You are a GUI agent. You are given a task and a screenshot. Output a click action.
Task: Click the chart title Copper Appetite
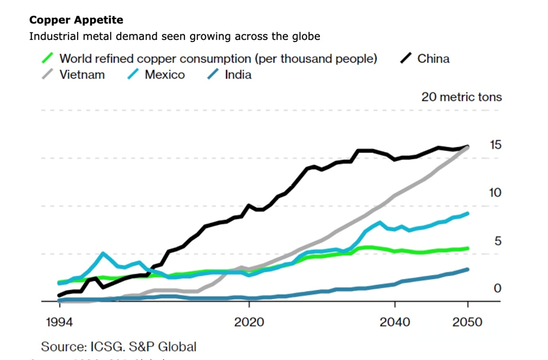pos(76,20)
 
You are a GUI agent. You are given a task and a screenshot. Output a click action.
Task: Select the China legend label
pos(433,58)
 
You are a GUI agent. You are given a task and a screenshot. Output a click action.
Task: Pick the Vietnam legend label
pos(82,75)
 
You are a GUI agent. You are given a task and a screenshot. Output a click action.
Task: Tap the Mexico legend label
pos(165,75)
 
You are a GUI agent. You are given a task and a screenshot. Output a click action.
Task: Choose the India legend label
pos(238,75)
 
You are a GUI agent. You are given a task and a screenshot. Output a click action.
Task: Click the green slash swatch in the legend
pos(48,58)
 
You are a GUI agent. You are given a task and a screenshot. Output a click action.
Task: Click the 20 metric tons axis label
pos(461,97)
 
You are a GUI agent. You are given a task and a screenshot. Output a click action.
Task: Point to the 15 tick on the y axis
pos(495,145)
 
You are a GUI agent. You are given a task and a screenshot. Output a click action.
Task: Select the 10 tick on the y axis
pos(495,193)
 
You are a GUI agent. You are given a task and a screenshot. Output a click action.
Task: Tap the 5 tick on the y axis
pos(497,241)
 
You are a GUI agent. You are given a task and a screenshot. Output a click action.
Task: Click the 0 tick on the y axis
pos(497,288)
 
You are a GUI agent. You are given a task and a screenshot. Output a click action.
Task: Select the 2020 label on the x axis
pos(249,322)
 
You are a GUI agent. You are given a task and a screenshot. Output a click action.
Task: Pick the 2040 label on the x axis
pos(395,322)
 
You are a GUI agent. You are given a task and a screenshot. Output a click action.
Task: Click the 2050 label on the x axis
pos(467,322)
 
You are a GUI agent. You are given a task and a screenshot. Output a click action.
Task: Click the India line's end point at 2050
pos(468,270)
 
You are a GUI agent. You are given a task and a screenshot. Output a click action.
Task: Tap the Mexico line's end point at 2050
pos(468,214)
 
